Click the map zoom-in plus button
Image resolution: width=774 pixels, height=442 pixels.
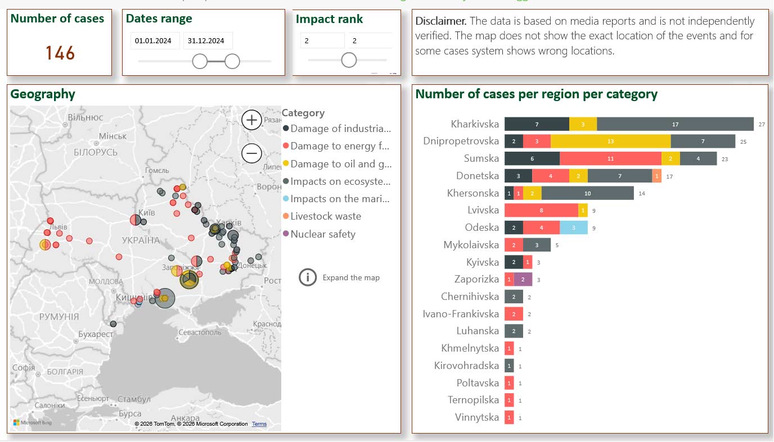(x=251, y=120)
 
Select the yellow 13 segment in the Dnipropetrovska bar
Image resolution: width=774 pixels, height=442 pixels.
(x=610, y=141)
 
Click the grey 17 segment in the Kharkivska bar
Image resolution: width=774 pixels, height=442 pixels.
(x=675, y=124)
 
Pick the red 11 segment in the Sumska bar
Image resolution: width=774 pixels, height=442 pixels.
(x=610, y=158)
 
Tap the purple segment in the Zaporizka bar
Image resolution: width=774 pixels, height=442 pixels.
(x=523, y=279)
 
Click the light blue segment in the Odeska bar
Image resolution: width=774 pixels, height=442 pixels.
(x=574, y=227)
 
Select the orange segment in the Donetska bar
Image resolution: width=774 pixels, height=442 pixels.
(x=657, y=176)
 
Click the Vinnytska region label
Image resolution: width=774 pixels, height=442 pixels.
(x=477, y=417)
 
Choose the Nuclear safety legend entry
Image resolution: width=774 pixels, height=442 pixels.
(x=323, y=234)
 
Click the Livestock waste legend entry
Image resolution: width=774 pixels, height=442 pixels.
(x=326, y=216)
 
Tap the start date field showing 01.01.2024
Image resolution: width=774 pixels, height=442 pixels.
(x=155, y=40)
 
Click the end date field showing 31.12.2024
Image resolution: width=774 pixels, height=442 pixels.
(x=206, y=40)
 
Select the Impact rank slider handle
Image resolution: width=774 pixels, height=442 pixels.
(x=349, y=60)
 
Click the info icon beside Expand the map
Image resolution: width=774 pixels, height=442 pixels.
(x=308, y=277)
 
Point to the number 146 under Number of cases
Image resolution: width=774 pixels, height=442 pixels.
(x=60, y=53)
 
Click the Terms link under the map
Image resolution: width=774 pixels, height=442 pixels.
(x=259, y=424)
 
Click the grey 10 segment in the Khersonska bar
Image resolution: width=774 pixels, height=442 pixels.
(x=587, y=193)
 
